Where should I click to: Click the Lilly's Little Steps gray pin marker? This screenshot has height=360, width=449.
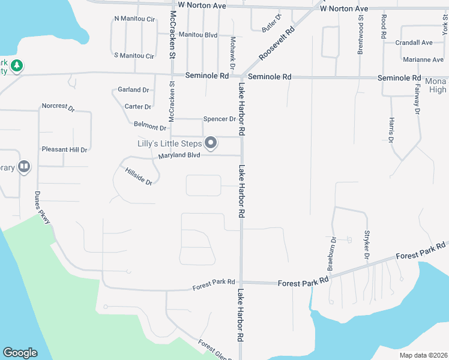211,143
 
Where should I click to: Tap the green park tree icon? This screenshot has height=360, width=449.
17,65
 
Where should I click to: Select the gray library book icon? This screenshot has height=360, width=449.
24,166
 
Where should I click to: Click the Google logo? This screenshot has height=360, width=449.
20,353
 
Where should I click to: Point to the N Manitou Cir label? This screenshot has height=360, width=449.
134,19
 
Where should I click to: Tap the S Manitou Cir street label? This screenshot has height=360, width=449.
134,56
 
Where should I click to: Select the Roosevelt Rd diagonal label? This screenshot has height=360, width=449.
277,43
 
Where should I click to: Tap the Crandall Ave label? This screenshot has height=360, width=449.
414,43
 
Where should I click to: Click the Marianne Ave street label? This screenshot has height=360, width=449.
423,59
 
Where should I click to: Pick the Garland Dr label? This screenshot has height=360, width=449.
133,90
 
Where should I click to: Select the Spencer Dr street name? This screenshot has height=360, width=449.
219,119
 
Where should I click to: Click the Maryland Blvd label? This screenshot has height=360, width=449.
179,156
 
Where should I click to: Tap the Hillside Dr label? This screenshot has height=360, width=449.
139,176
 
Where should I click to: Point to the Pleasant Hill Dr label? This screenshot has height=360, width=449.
64,149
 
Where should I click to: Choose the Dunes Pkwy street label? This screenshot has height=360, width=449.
41,208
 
